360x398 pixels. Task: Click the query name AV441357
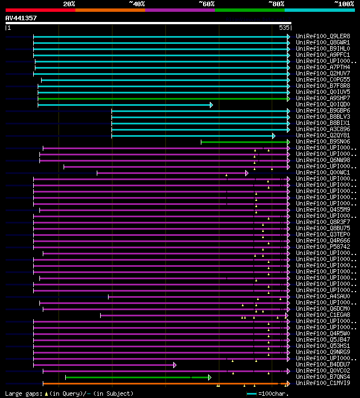pyautogui.click(x=21, y=18)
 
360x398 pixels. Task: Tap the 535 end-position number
pyautogui.click(x=283, y=27)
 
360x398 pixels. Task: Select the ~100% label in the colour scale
pyautogui.click(x=344, y=3)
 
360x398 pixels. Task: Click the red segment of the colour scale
pyautogui.click(x=40, y=10)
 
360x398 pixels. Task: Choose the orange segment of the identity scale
pyautogui.click(x=110, y=10)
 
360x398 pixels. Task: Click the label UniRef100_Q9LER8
pyautogui.click(x=322, y=36)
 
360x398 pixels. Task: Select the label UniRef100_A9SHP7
pyautogui.click(x=322, y=98)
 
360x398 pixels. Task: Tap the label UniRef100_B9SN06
pyautogui.click(x=322, y=141)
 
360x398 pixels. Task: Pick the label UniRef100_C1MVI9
pyautogui.click(x=322, y=383)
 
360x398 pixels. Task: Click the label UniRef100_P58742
pyautogui.click(x=322, y=247)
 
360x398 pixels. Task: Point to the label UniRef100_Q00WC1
pyautogui.click(x=322, y=172)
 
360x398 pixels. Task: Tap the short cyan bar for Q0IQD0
pyautogui.click(x=124, y=105)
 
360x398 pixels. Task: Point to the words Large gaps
pyautogui.click(x=22, y=393)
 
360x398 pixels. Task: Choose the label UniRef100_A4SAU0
pyautogui.click(x=322, y=296)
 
